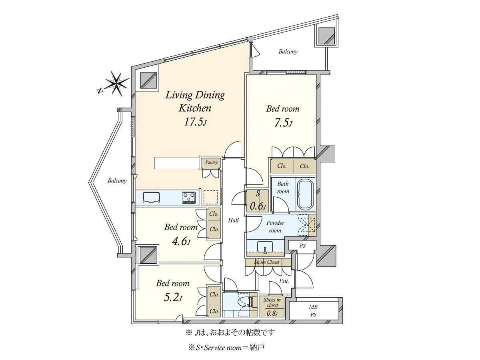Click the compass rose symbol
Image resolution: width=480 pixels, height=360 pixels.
pyautogui.click(x=117, y=84)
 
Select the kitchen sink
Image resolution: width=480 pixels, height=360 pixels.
pyautogui.click(x=151, y=198)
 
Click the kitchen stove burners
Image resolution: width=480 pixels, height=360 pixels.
pyautogui.click(x=189, y=198)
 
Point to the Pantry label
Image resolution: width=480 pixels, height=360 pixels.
pyautogui.click(x=211, y=162)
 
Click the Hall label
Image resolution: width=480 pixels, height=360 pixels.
pyautogui.click(x=233, y=220)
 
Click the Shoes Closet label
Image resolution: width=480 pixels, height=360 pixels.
pyautogui.click(x=266, y=262)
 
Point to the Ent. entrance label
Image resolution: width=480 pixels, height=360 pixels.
pyautogui.click(x=284, y=281)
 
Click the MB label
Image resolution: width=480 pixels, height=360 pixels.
pyautogui.click(x=313, y=307)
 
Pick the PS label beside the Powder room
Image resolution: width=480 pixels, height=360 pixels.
pyautogui.click(x=302, y=246)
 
